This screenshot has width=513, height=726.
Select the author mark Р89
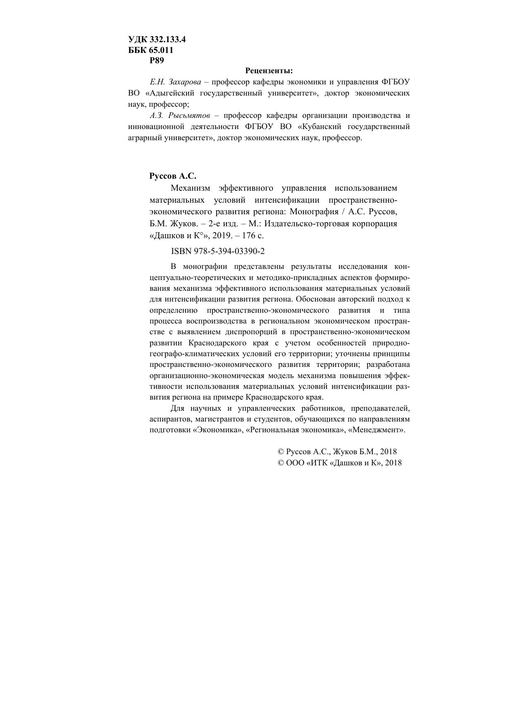(x=157, y=60)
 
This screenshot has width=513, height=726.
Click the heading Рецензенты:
(x=269, y=71)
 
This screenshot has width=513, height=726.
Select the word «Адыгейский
(x=167, y=93)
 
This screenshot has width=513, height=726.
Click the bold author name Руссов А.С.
(x=173, y=176)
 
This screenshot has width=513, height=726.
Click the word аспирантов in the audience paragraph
(x=169, y=419)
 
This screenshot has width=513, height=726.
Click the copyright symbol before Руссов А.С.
(x=281, y=452)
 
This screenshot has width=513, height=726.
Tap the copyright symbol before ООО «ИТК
(x=281, y=463)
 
